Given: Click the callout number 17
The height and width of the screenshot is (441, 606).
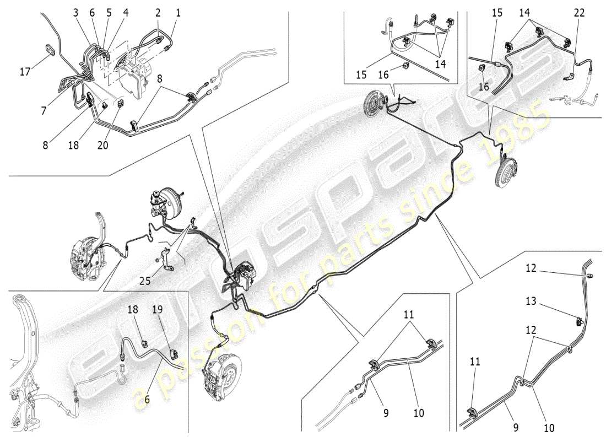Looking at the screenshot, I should click(x=25, y=71).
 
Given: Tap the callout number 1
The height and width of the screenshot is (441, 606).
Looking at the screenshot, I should click(x=178, y=12).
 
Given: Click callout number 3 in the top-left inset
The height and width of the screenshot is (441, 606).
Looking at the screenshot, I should click(x=75, y=12).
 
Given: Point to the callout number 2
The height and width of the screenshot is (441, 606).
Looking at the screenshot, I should click(x=158, y=12).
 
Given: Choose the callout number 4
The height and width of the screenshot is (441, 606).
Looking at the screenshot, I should click(x=126, y=12).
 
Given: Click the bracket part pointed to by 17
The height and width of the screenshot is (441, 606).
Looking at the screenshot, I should click(x=50, y=49).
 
